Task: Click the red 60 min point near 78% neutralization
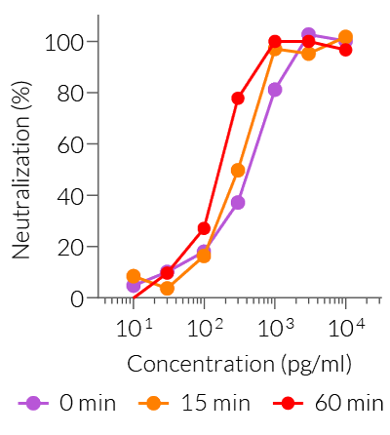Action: pyautogui.click(x=238, y=99)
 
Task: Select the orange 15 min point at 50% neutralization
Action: pyautogui.click(x=238, y=170)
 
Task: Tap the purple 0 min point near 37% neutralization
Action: pyautogui.click(x=238, y=203)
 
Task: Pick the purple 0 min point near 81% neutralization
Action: pyautogui.click(x=275, y=90)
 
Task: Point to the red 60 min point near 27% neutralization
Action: pyautogui.click(x=204, y=228)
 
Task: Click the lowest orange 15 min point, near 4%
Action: pyautogui.click(x=167, y=289)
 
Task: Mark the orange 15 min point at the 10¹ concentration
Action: pyautogui.click(x=134, y=276)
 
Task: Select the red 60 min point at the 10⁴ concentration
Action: pyautogui.click(x=345, y=50)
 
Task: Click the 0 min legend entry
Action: pyautogui.click(x=64, y=402)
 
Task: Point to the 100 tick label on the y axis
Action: pyautogui.click(x=63, y=42)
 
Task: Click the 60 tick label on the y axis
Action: pyautogui.click(x=69, y=144)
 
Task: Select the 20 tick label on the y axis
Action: pyautogui.click(x=69, y=247)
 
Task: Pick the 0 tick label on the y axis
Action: pyautogui.click(x=75, y=297)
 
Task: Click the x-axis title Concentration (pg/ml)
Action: pyautogui.click(x=239, y=365)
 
